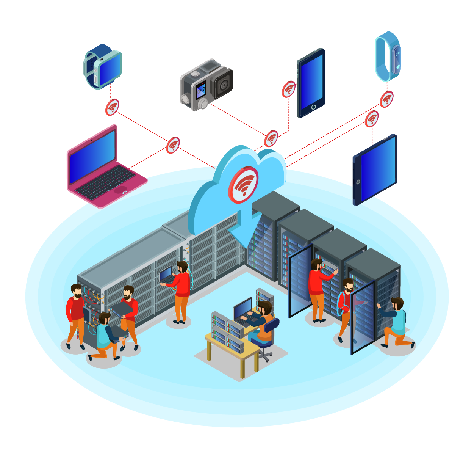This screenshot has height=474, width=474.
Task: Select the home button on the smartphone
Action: pyautogui.click(x=313, y=107)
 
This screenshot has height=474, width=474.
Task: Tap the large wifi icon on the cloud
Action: pyautogui.click(x=244, y=185)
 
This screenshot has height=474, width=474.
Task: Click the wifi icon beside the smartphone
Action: pyautogui.click(x=289, y=89)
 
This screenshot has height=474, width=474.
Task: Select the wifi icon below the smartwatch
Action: pyautogui.click(x=112, y=107)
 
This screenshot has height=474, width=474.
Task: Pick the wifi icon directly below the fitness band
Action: pyautogui.click(x=386, y=99)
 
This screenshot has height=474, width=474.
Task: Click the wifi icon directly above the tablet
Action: pyautogui.click(x=372, y=119)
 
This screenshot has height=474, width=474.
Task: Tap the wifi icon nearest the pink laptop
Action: pyautogui.click(x=173, y=145)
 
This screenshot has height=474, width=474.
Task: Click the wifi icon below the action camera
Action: pyautogui.click(x=271, y=138)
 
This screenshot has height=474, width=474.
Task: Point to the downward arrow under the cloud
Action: pyautogui.click(x=244, y=231)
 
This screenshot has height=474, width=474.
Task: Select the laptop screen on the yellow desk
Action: pyautogui.click(x=243, y=308)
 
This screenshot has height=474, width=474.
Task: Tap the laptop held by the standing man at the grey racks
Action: pyautogui.click(x=166, y=274)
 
